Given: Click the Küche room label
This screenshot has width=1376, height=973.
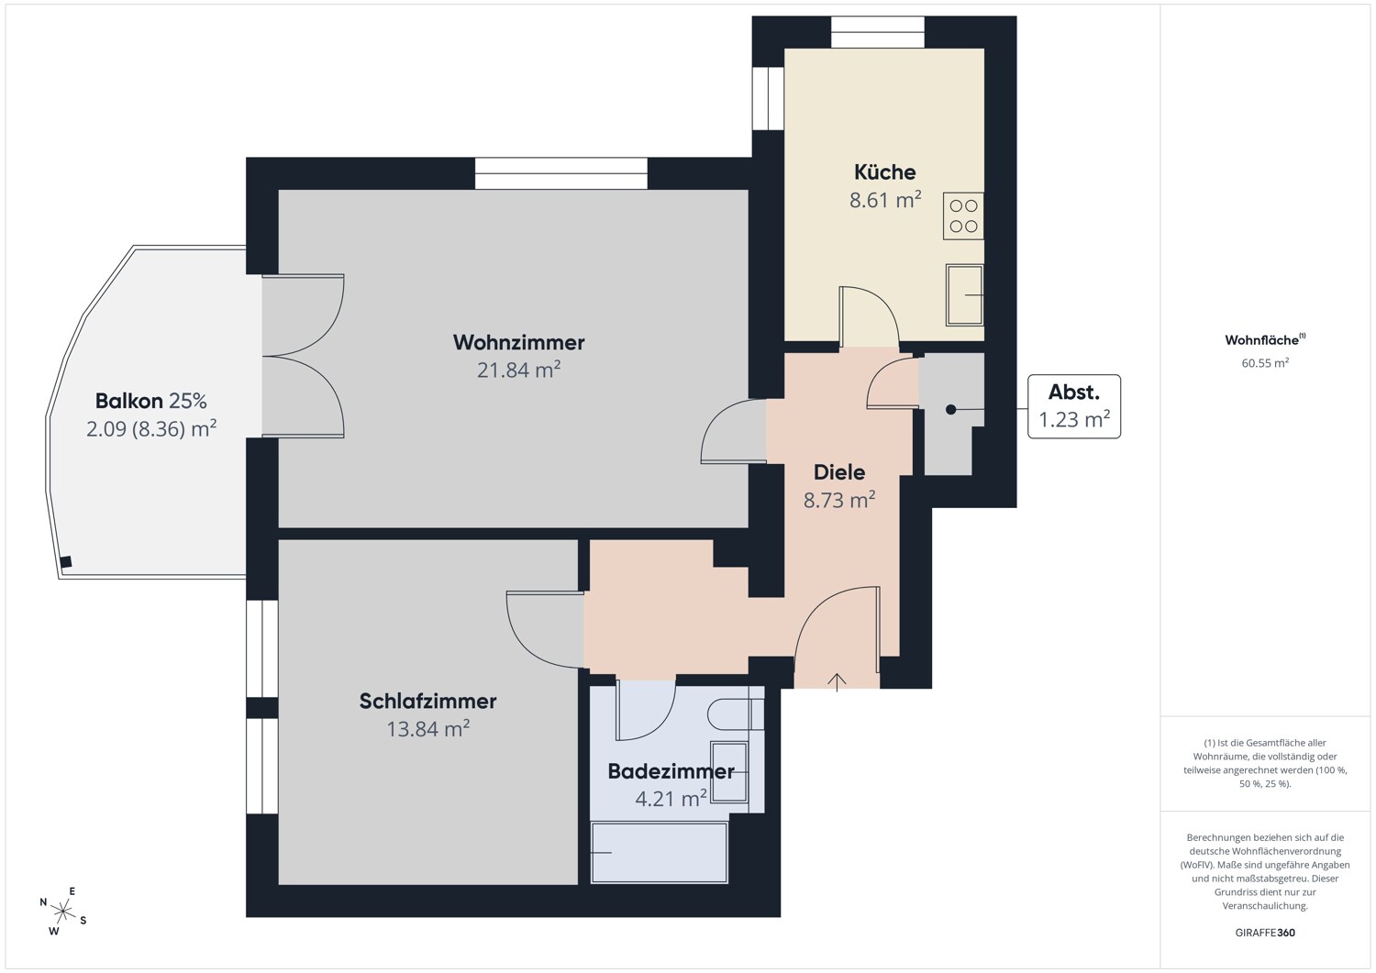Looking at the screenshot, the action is click(x=884, y=172).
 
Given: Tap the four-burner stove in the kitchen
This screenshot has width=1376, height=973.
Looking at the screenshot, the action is click(x=963, y=216).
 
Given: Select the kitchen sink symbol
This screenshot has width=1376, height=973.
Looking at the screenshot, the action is click(x=964, y=295).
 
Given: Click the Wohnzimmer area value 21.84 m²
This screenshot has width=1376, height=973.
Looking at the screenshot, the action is click(x=518, y=370).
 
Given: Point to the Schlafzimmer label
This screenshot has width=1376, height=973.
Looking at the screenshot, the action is click(x=427, y=701).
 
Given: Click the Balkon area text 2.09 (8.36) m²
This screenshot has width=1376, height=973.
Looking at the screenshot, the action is click(x=151, y=428).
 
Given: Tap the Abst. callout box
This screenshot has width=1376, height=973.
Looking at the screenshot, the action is click(x=1074, y=406).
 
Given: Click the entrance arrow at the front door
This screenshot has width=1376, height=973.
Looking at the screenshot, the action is click(x=837, y=682).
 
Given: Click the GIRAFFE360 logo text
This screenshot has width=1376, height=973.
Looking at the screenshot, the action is click(x=1265, y=932).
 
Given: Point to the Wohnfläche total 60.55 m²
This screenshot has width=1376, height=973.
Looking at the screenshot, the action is click(x=1265, y=363).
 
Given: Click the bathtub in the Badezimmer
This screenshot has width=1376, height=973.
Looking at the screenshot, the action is click(x=660, y=853).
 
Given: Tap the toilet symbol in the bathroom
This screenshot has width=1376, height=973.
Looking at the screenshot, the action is click(x=736, y=714).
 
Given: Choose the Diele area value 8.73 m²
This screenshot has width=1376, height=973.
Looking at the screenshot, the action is click(x=839, y=500).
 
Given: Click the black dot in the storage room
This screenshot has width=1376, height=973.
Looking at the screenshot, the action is click(x=950, y=410).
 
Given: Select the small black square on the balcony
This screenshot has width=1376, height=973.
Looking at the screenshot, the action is click(x=66, y=561).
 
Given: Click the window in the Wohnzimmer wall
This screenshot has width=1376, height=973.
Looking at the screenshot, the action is click(x=560, y=173).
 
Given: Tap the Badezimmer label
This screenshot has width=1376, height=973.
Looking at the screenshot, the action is click(x=671, y=771).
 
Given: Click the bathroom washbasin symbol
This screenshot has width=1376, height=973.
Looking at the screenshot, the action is click(x=729, y=771).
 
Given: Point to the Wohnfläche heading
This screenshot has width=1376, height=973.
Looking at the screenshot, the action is click(x=1265, y=339).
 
